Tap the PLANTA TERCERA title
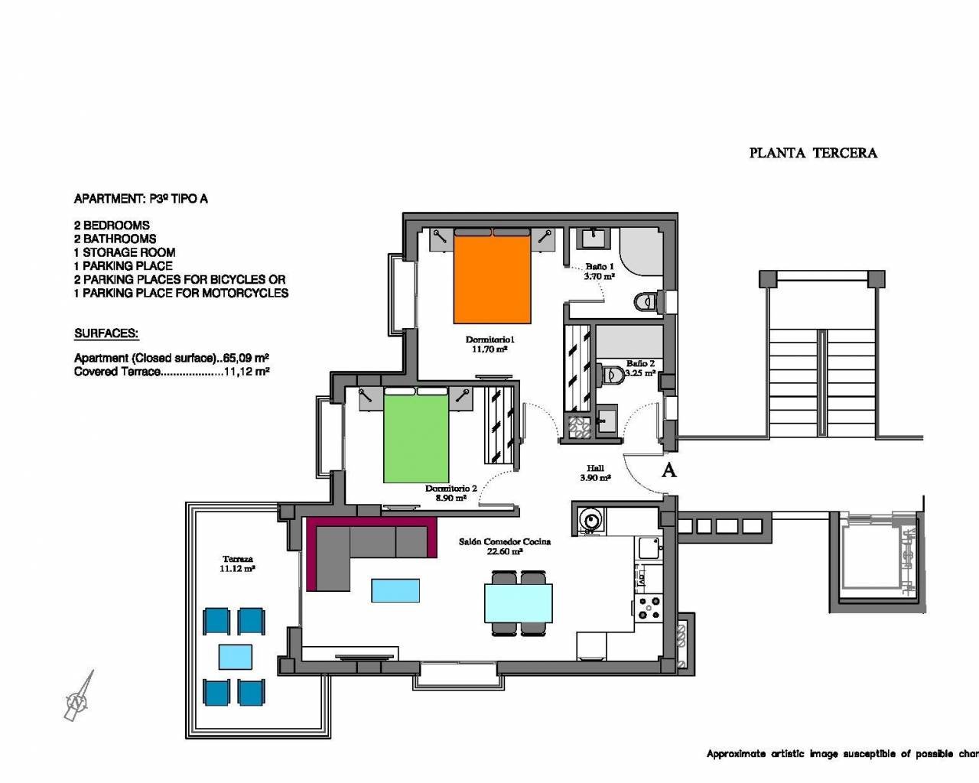point(813,153)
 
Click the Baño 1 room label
point(600,267)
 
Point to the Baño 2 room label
point(640,363)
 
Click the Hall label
point(595,468)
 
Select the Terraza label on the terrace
point(237,559)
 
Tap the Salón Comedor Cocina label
point(505,541)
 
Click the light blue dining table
point(519,603)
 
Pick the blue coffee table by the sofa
point(395,590)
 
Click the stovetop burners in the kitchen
point(649,608)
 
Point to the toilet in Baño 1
point(646,301)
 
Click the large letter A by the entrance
point(668,469)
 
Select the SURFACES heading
point(106,333)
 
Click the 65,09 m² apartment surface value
point(246,358)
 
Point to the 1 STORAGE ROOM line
point(125,252)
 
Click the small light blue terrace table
point(236,657)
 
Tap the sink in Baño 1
point(594,238)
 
